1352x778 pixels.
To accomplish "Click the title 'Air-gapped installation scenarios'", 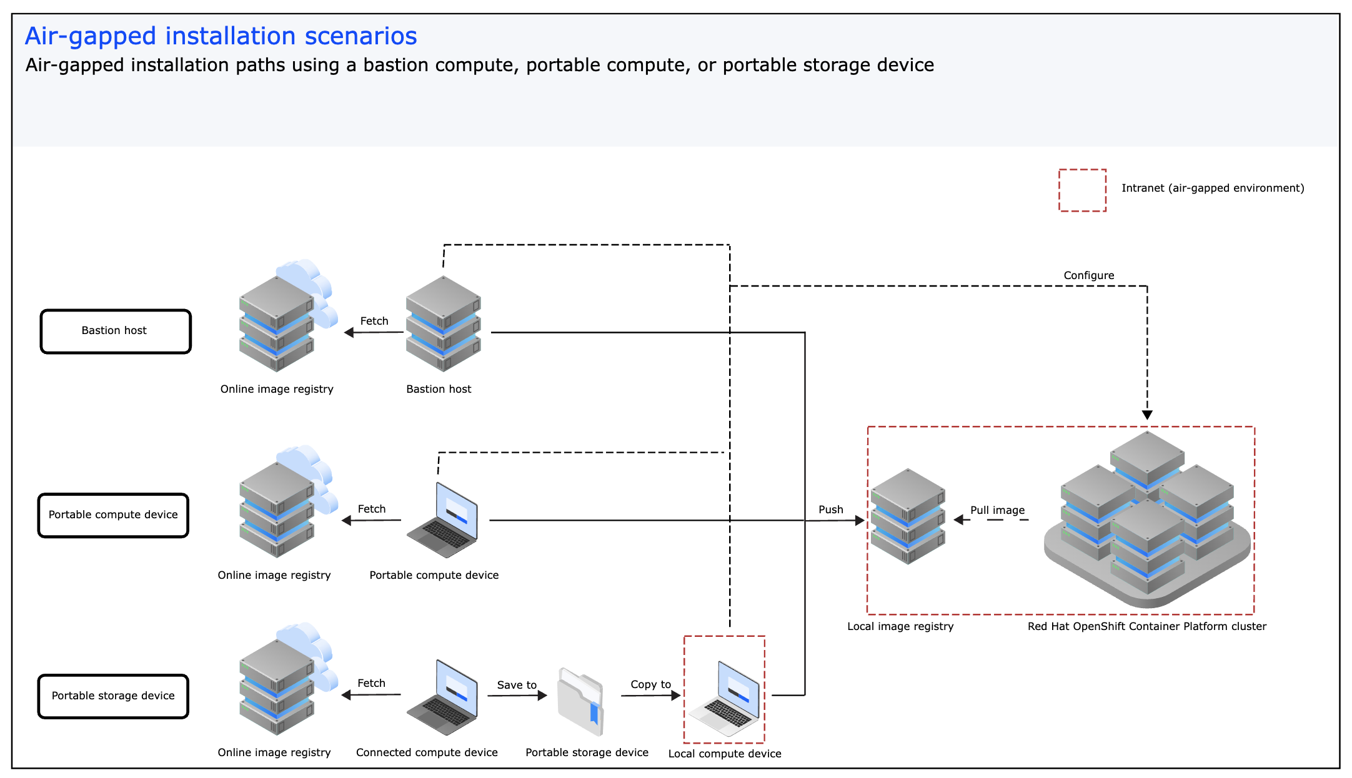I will (221, 36).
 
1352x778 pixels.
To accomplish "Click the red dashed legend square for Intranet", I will (1082, 190).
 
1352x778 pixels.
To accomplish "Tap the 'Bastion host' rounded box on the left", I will (116, 331).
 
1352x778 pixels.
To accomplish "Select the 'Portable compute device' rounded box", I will (113, 515).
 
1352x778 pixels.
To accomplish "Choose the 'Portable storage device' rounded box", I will (113, 696).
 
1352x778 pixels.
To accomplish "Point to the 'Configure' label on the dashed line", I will (1088, 275).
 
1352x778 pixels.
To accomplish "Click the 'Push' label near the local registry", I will (830, 510).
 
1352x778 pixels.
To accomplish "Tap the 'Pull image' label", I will (997, 510).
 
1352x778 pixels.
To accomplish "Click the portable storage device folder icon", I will (581, 701).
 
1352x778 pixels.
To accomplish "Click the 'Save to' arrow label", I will (516, 685).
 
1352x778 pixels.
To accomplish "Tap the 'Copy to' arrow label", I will (650, 684).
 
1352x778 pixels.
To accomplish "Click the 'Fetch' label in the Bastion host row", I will (374, 321).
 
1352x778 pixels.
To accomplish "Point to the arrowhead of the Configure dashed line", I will (1147, 415).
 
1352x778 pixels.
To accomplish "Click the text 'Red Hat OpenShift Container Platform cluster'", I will (1146, 626).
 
